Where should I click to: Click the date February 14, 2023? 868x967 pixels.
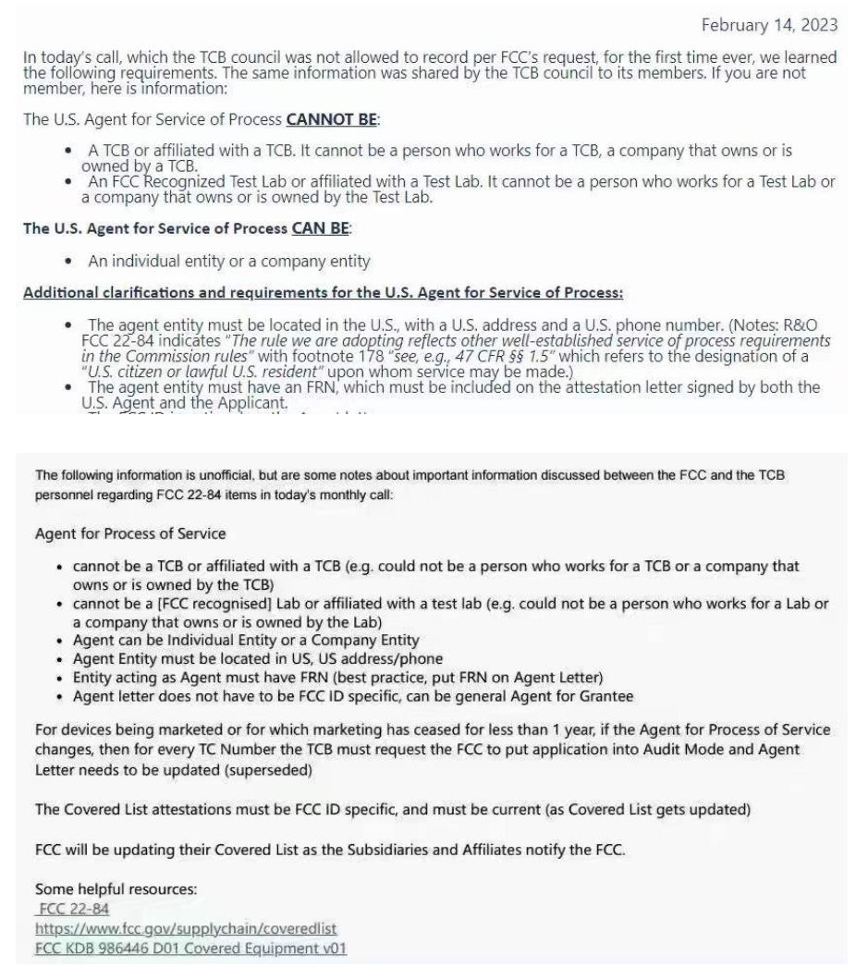coord(774,24)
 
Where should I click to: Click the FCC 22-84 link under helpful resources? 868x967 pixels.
coord(73,908)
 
